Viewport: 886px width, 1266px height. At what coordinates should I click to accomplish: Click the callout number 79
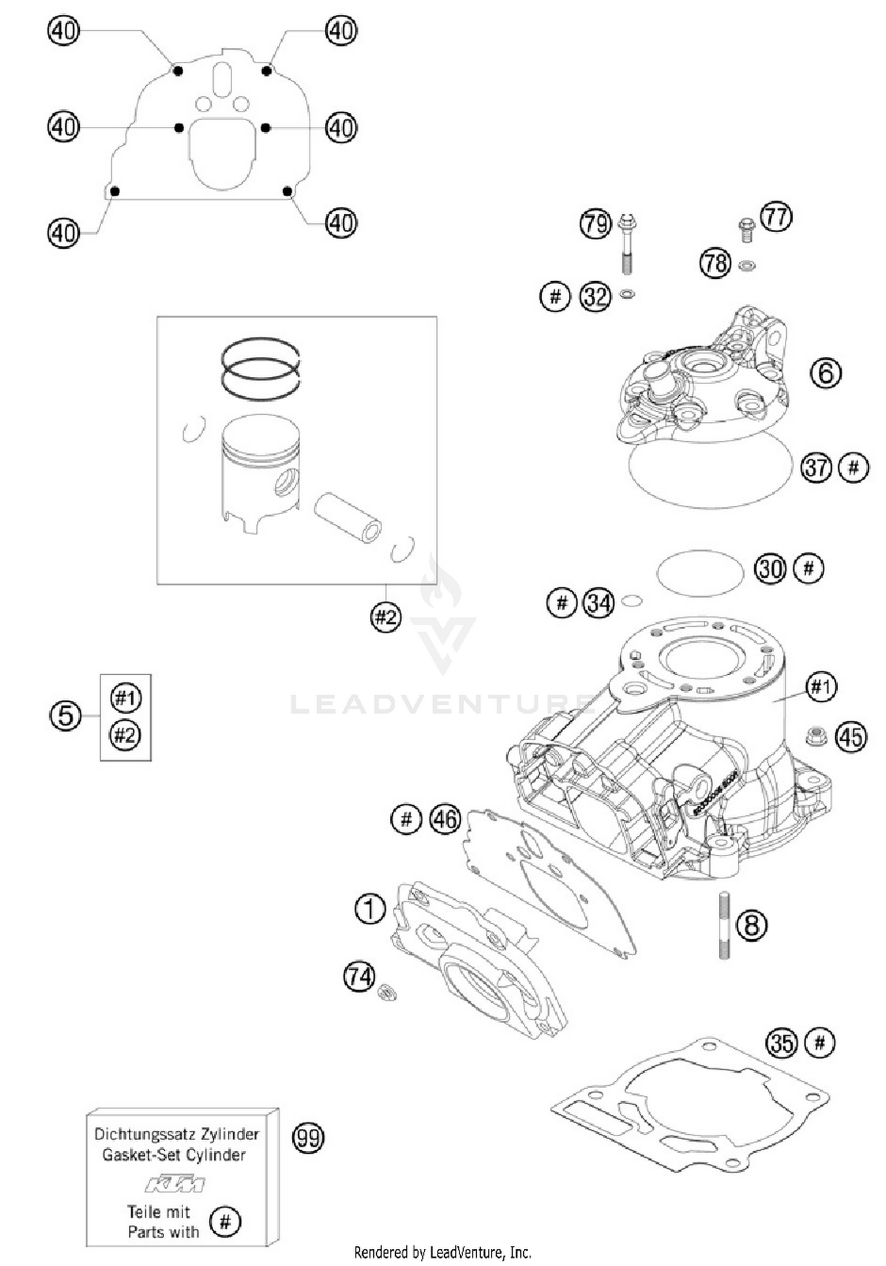pos(595,224)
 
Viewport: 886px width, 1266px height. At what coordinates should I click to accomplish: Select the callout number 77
pos(776,217)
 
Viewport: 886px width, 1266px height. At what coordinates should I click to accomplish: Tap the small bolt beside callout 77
pos(747,229)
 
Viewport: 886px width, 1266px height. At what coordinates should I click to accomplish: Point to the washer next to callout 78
pos(747,265)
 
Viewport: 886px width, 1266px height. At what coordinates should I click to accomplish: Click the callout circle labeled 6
pos(825,373)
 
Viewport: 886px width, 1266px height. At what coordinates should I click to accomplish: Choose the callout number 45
pos(851,737)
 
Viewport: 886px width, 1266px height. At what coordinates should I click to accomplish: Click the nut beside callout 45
pos(816,736)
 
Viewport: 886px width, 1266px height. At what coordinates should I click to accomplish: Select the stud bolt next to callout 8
pos(724,925)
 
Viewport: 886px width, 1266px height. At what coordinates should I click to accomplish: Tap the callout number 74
pos(359,977)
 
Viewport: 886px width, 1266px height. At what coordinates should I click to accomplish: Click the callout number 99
pos(308,1137)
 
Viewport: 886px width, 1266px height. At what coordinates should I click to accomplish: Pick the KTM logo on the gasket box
pos(175,1184)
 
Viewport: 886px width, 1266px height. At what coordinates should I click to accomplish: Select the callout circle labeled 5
pos(65,716)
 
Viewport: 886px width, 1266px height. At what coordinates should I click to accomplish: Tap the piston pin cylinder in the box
pos(347,518)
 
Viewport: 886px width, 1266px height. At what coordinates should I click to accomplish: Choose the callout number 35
pos(781,1043)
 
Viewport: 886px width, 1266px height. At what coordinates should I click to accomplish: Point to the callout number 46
pos(445,819)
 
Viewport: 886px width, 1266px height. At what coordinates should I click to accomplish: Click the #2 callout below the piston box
pos(386,618)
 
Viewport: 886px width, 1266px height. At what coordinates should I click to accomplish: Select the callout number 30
pos(770,569)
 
